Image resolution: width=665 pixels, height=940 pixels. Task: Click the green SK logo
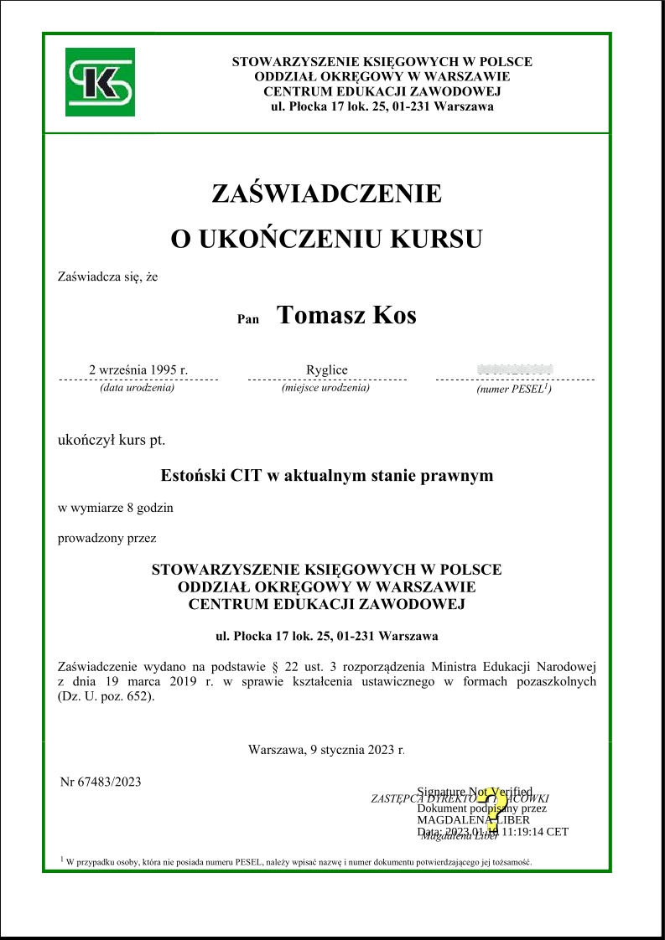(x=99, y=82)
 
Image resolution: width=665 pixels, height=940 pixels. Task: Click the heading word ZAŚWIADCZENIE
(x=326, y=194)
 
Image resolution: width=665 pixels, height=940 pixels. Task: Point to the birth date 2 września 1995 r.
(x=138, y=370)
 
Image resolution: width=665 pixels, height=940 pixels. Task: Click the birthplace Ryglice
(x=327, y=370)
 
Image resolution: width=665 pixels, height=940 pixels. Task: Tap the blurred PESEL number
(x=514, y=369)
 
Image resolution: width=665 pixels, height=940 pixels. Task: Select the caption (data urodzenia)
(x=137, y=388)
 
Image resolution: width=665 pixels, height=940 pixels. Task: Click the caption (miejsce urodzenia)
(x=325, y=388)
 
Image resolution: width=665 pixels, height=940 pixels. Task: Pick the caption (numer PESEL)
(x=513, y=390)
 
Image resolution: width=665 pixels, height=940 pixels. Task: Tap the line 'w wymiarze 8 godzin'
(x=116, y=508)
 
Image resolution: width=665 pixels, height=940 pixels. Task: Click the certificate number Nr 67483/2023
(x=101, y=782)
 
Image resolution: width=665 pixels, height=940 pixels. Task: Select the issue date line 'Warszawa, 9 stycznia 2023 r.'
(x=326, y=750)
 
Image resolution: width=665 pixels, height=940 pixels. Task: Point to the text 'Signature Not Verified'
(x=475, y=791)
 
